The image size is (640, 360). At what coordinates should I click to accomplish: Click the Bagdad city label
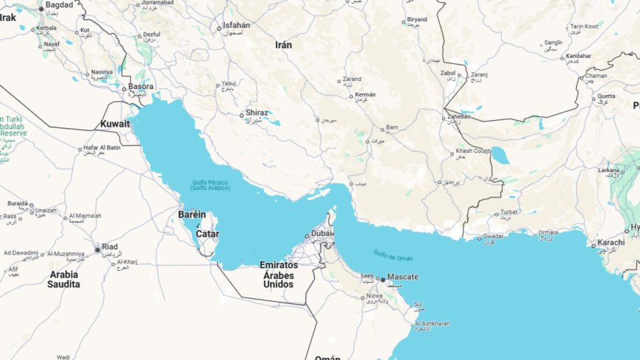click(x=59, y=5)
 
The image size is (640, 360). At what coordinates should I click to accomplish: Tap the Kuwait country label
click(x=115, y=124)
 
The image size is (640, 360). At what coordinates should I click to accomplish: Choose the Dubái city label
click(x=321, y=235)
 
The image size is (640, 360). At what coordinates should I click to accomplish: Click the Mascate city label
click(x=402, y=277)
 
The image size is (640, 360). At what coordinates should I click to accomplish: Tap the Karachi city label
click(x=611, y=242)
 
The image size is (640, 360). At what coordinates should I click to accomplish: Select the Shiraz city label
click(x=257, y=113)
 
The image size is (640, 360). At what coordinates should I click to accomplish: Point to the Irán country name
click(x=283, y=45)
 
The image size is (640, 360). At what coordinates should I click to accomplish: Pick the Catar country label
click(x=207, y=234)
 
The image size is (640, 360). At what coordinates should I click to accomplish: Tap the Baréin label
click(x=192, y=214)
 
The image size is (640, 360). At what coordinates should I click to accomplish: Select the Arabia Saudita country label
click(x=64, y=280)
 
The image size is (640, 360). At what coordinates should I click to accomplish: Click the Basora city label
click(x=141, y=86)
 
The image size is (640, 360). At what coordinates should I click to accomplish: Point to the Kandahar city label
click(x=578, y=56)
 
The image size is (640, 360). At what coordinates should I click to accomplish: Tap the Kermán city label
click(x=365, y=94)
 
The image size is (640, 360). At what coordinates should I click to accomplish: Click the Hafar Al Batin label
click(x=102, y=148)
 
